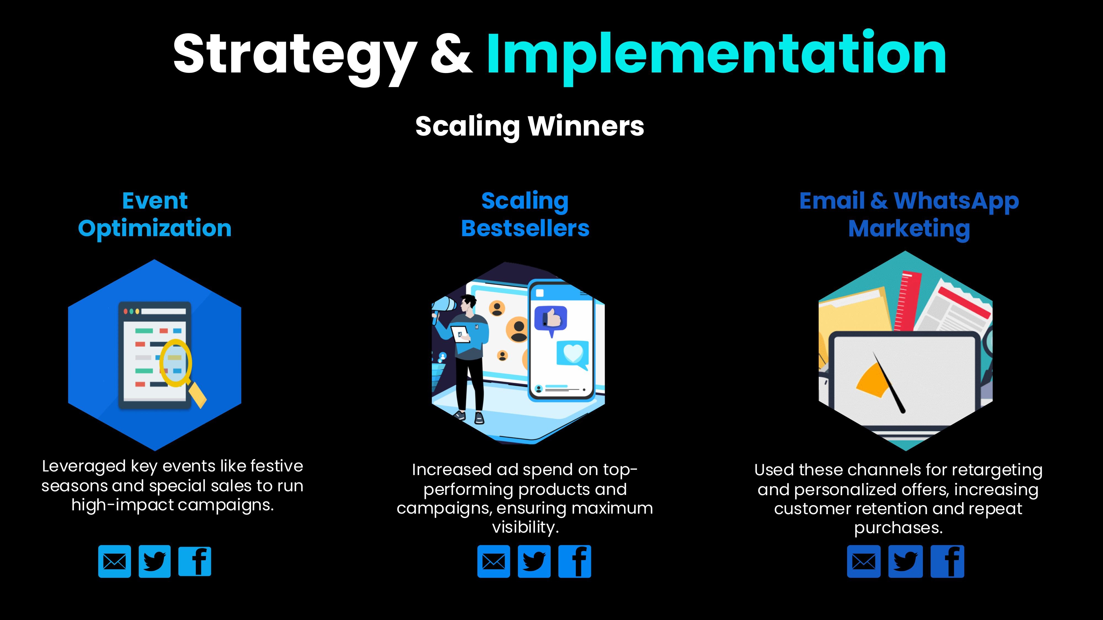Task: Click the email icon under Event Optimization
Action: pyautogui.click(x=114, y=561)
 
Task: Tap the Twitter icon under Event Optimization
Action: pyautogui.click(x=155, y=561)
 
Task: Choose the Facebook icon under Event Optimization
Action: pyautogui.click(x=195, y=561)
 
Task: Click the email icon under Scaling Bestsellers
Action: pyautogui.click(x=494, y=561)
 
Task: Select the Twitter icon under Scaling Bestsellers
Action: pyautogui.click(x=534, y=561)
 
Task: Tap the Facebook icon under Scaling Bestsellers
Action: pyautogui.click(x=575, y=561)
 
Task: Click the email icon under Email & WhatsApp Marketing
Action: pyautogui.click(x=864, y=561)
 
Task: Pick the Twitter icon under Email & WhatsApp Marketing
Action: pyautogui.click(x=905, y=561)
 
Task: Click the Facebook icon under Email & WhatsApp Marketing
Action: pyautogui.click(x=947, y=561)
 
